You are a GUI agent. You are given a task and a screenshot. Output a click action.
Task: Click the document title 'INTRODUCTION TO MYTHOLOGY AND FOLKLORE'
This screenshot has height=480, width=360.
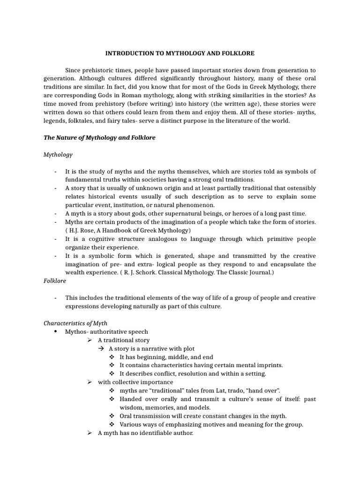click(180, 53)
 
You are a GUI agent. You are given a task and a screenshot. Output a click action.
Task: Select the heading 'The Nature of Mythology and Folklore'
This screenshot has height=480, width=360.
click(99, 138)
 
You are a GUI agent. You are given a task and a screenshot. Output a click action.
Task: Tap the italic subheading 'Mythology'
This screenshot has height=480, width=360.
click(58, 154)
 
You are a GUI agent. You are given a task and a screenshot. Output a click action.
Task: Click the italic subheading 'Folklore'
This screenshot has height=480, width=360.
click(55, 281)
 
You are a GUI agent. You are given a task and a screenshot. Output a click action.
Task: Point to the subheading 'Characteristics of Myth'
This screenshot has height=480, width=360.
click(75, 323)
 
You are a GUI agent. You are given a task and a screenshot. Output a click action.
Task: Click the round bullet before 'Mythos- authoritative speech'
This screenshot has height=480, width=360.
click(55, 331)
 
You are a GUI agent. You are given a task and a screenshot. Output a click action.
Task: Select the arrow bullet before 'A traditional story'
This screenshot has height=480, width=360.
click(90, 340)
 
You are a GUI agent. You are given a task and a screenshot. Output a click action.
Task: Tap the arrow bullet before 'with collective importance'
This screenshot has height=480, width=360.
click(90, 382)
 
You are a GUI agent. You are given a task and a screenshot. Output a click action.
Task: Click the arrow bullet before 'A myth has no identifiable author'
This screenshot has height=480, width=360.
click(90, 433)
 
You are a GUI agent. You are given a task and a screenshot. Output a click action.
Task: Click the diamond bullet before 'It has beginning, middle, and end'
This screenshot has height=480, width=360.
click(112, 357)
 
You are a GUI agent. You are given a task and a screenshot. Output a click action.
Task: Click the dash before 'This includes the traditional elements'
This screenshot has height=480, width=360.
click(55, 298)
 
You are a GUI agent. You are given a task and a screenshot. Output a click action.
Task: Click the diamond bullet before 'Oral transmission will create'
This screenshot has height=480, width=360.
click(112, 416)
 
